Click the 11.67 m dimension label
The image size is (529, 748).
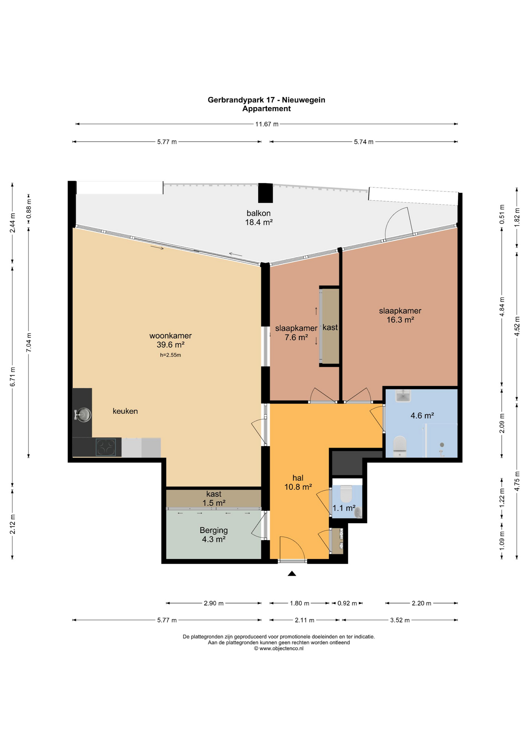pos(267,124)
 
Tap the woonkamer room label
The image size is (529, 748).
pos(171,336)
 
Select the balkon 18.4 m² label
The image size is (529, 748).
pos(259,218)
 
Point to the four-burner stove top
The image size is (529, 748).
pos(106,447)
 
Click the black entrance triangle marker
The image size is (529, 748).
pos(292,573)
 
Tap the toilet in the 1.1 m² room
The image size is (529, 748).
pos(346,494)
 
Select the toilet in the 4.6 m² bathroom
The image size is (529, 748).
pos(400,446)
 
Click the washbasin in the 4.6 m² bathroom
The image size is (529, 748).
pos(403,396)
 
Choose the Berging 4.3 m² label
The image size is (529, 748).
pos(214,535)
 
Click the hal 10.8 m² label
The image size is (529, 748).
pos(298,482)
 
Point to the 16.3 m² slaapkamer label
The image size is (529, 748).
pos(400,315)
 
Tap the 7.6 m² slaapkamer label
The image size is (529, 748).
pos(296,333)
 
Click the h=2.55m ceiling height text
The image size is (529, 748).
pos(171,355)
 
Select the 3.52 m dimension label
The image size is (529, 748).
pos(400,620)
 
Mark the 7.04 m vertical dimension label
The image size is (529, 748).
pos(29,343)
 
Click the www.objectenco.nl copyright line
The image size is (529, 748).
pos(279,648)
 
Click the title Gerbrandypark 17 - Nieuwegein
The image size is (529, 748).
pos(266,100)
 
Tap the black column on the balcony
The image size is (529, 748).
pos(266,193)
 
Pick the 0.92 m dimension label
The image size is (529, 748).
pos(347,603)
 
